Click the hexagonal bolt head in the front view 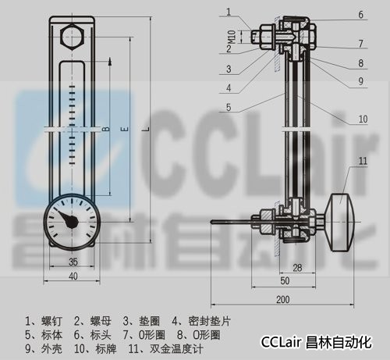(x=72, y=37)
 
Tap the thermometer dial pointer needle (x=69, y=219)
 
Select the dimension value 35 (x=73, y=262)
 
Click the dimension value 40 (x=73, y=276)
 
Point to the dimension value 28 (x=297, y=268)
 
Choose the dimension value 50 (x=285, y=281)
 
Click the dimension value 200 (x=283, y=300)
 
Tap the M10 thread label (x=232, y=37)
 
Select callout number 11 (x=363, y=161)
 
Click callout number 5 (x=229, y=107)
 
